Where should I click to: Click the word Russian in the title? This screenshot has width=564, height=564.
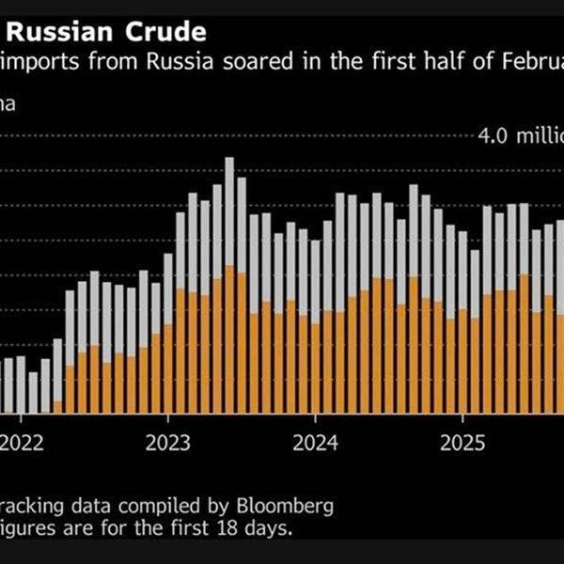click(67, 33)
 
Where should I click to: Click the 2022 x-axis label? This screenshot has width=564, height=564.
click(22, 441)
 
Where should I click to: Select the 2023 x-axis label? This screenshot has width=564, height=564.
click(168, 441)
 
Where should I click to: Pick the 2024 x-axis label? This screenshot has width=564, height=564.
click(316, 441)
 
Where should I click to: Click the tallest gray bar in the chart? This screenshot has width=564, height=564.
click(229, 211)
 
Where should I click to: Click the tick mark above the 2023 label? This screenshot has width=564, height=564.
click(168, 419)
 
